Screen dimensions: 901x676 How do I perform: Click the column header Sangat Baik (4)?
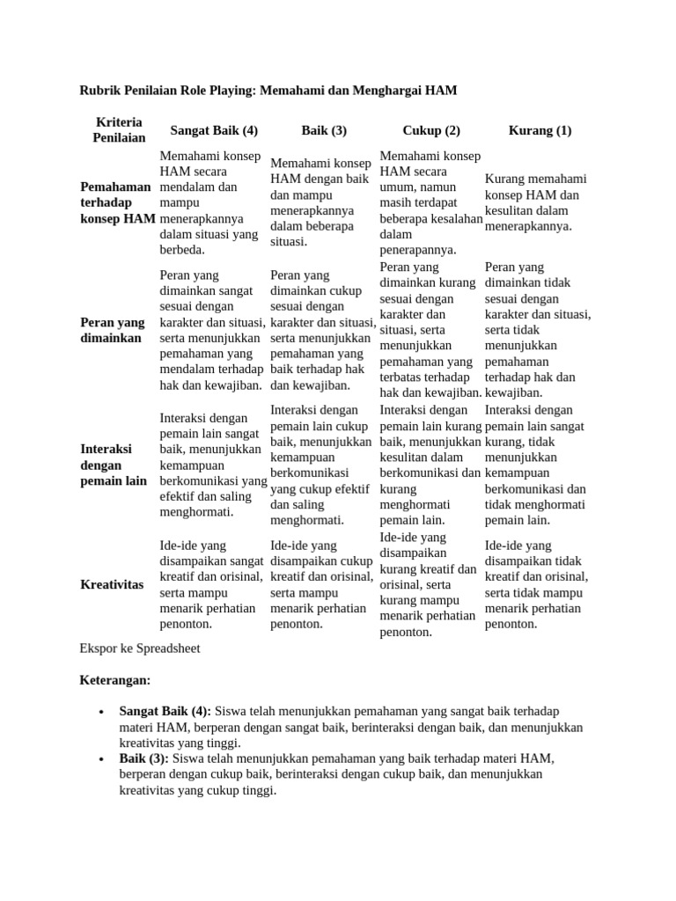click(x=214, y=130)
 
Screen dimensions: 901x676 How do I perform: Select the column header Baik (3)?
click(x=324, y=130)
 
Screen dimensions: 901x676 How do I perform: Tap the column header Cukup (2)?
click(x=431, y=130)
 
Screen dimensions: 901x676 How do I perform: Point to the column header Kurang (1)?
click(x=540, y=130)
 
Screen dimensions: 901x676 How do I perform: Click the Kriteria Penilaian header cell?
click(x=119, y=130)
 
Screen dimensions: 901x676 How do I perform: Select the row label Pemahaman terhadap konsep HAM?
click(x=117, y=202)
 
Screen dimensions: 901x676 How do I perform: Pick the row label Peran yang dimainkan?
click(x=112, y=330)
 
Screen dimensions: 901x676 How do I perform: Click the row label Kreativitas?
click(x=112, y=584)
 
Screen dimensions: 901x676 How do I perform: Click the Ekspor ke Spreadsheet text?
click(x=140, y=648)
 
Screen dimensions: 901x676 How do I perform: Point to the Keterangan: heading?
click(x=115, y=680)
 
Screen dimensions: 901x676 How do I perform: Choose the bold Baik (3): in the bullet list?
click(x=144, y=758)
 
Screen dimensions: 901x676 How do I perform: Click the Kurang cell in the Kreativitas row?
click(x=536, y=584)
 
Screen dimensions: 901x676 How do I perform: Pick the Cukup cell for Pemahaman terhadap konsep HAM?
click(x=430, y=202)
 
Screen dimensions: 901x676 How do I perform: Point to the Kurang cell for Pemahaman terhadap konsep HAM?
click(x=536, y=202)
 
